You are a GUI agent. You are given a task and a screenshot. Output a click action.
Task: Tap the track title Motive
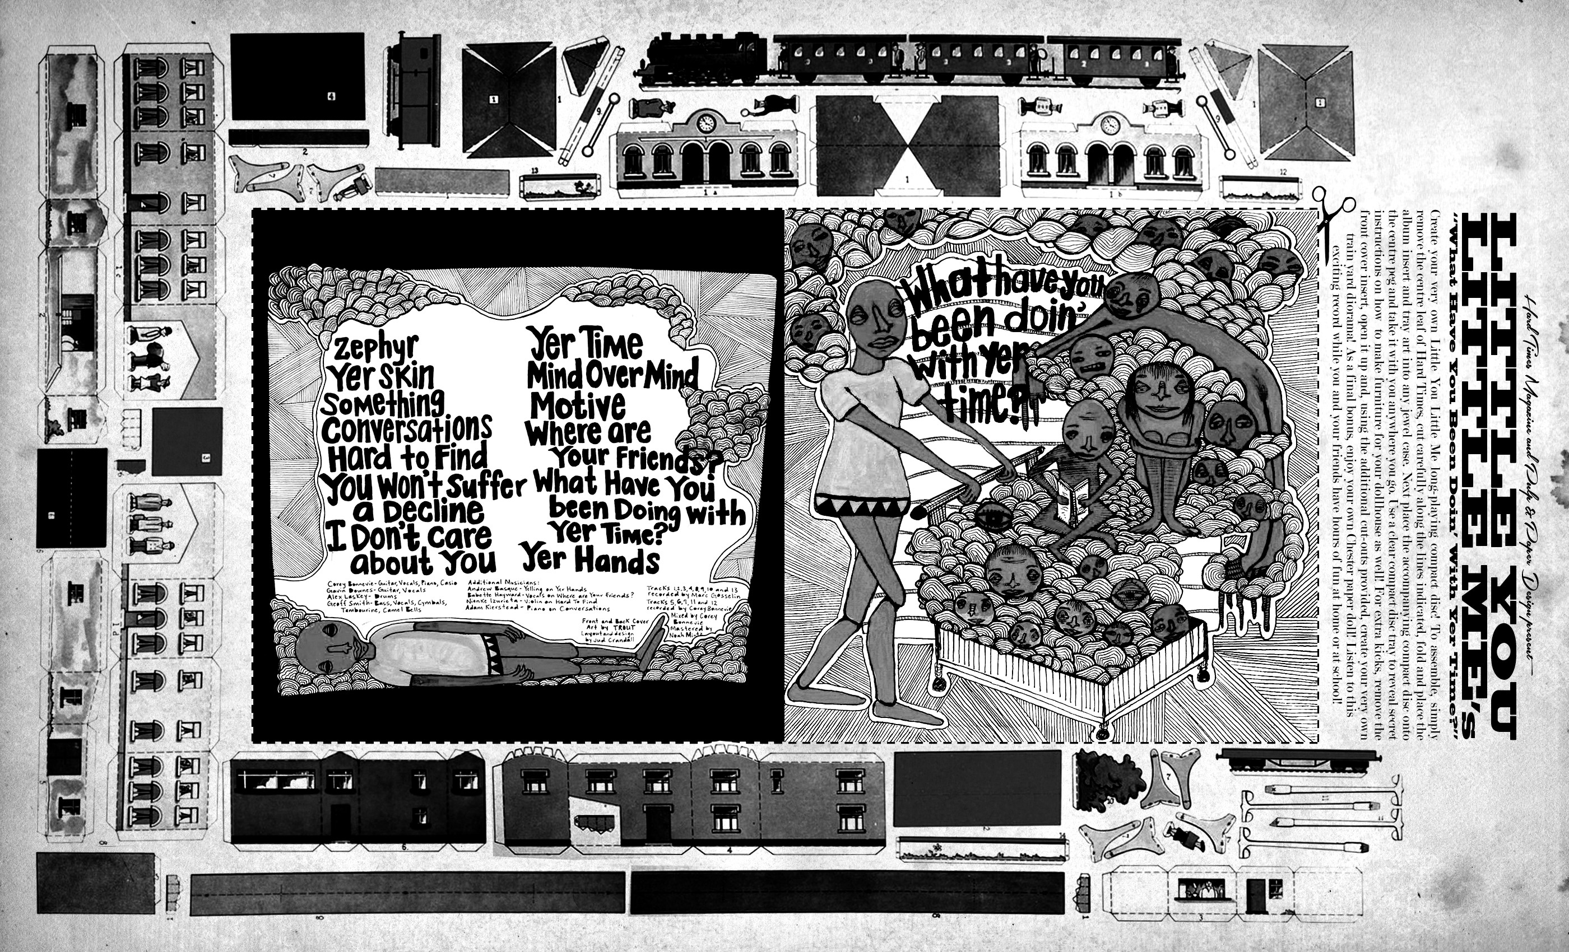coord(578,404)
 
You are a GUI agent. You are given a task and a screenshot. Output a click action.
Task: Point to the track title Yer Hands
coord(590,561)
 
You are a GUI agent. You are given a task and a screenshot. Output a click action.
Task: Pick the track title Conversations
coord(406,428)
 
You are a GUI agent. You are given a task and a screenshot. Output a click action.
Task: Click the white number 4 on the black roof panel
coord(331,97)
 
